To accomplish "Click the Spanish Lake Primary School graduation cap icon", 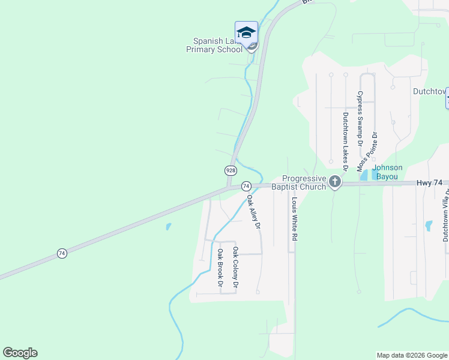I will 246,32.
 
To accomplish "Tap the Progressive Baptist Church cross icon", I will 335,182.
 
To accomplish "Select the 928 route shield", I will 231,170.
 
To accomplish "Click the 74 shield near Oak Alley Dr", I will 246,186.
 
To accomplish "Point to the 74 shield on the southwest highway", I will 62,254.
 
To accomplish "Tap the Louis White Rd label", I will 295,220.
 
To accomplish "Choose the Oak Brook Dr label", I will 220,267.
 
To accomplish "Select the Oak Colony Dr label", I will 236,268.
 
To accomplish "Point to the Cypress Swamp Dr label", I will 360,119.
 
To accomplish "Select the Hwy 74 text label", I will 429,182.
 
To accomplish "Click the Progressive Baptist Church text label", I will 304,182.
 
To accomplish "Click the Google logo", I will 20,353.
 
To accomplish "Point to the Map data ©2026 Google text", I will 412,355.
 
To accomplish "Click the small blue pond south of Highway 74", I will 168,227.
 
